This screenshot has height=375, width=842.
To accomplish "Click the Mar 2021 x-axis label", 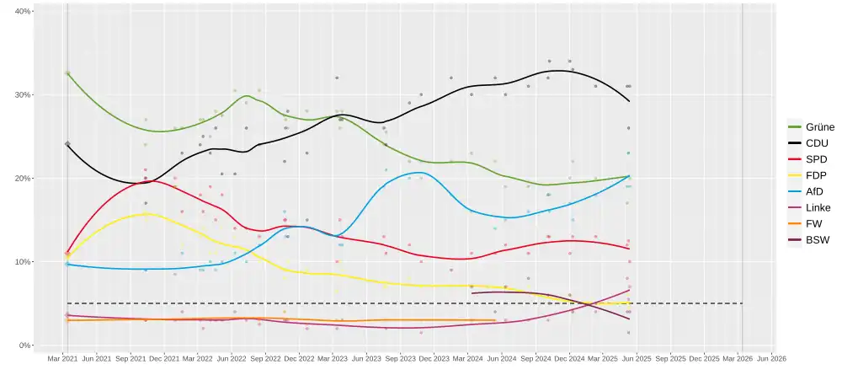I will point(63,358).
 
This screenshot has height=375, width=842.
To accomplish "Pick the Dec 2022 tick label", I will point(300,358).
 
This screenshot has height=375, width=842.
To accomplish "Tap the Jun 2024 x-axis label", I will point(503,358).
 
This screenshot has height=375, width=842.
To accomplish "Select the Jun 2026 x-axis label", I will point(772,358).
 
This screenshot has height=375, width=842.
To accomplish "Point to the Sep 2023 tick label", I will point(401,358).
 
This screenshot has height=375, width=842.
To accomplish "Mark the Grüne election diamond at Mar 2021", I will point(67,73).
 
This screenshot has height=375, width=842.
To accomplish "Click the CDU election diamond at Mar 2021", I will point(67,144).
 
